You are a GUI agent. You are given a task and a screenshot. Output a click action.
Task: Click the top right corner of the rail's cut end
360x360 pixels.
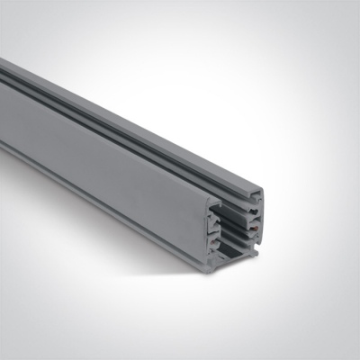[x=263, y=192]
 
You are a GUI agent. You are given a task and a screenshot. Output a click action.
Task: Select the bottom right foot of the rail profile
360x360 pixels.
[x=257, y=251]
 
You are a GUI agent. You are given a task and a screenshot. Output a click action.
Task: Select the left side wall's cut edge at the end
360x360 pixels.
[x=211, y=229]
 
